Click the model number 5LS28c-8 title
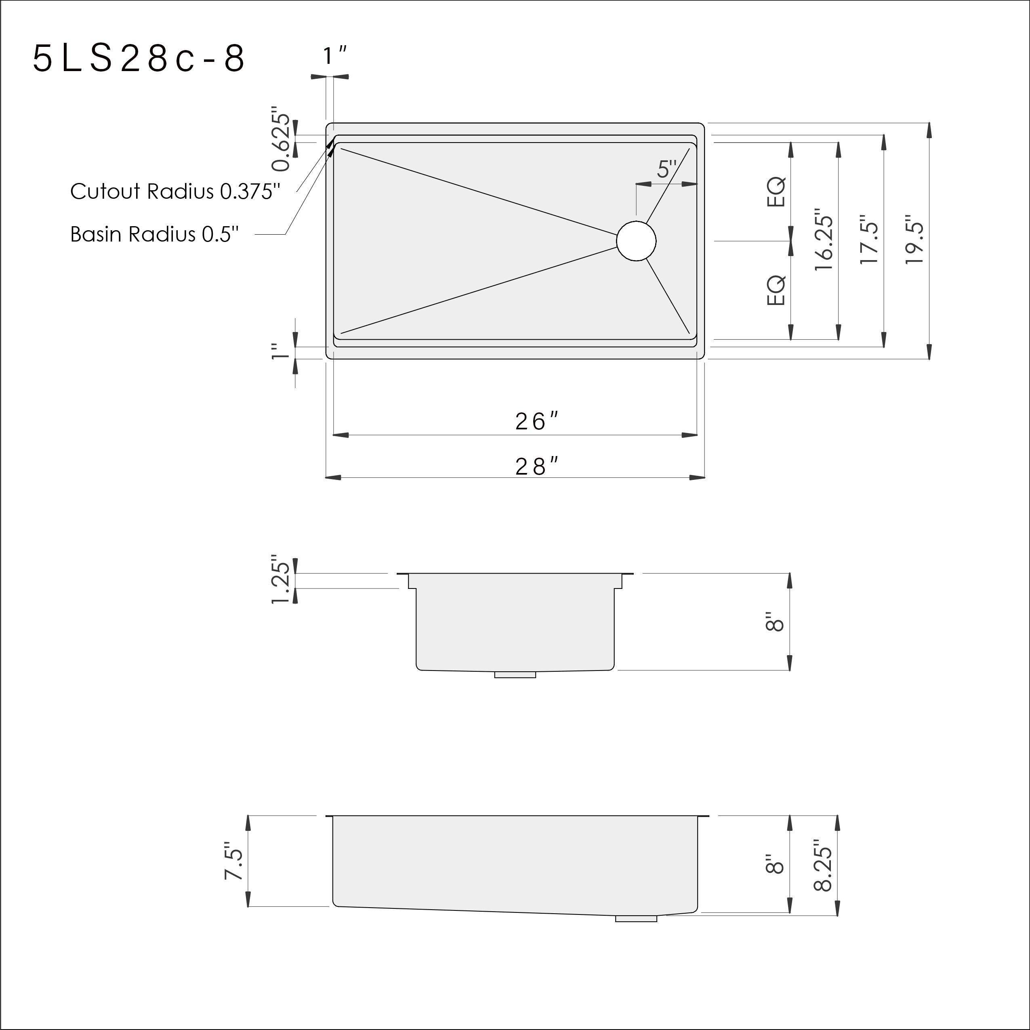tap(139, 58)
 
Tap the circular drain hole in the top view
tap(636, 241)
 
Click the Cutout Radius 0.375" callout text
tap(175, 191)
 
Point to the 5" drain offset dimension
tap(666, 169)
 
